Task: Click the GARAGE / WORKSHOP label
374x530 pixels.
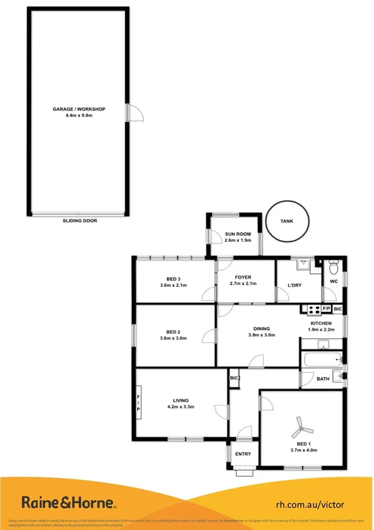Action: click(x=79, y=109)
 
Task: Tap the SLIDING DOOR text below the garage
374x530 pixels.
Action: click(x=80, y=221)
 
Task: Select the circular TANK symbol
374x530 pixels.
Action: click(x=287, y=221)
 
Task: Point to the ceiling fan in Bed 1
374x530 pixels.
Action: click(x=301, y=429)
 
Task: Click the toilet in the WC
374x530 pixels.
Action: click(x=333, y=269)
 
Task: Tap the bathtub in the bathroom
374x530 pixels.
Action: click(x=321, y=360)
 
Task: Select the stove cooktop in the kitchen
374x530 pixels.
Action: click(x=310, y=309)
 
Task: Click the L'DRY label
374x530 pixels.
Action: click(x=295, y=286)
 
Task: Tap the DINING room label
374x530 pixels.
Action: click(x=262, y=328)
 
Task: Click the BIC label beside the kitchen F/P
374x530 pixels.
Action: click(x=338, y=309)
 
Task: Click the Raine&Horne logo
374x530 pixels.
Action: click(x=69, y=502)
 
